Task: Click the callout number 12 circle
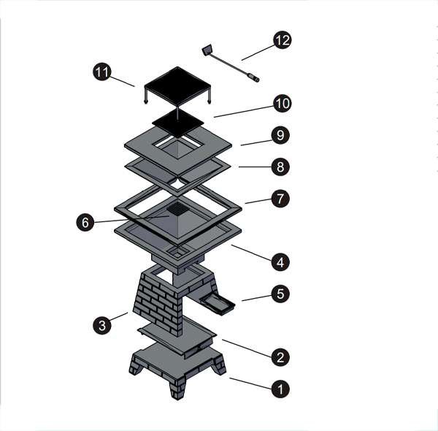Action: pos(282,40)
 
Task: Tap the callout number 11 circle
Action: pos(102,72)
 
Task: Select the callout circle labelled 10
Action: pos(282,104)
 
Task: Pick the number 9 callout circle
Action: pos(280,135)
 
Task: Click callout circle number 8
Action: pos(280,167)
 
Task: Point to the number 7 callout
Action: pos(280,199)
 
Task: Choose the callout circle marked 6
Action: pos(85,223)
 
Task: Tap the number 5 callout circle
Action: pos(280,294)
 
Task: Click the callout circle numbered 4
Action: pos(280,262)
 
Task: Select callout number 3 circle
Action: pos(102,325)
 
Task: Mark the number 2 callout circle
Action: pos(280,357)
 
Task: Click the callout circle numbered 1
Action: pos(280,389)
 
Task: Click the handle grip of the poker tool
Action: pos(253,77)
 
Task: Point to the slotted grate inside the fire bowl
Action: pos(178,209)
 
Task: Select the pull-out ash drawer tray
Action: pos(217,305)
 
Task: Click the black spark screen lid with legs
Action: pos(177,85)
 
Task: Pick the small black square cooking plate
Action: pos(178,123)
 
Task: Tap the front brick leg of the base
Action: pos(177,388)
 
